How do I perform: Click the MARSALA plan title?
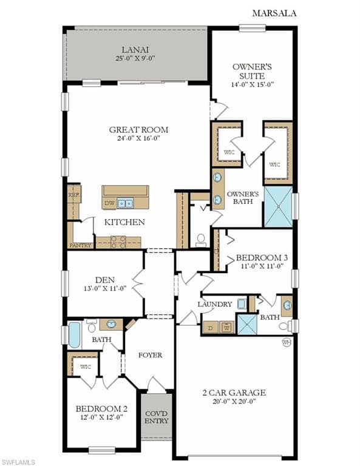274,13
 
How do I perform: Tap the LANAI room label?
135,50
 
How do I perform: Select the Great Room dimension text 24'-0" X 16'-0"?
138,138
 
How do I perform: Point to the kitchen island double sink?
125,203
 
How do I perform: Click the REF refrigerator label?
73,195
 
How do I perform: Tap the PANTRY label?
80,246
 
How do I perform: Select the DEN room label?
105,280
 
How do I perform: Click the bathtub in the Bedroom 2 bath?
74,335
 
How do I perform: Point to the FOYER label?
151,355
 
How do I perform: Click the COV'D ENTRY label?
157,417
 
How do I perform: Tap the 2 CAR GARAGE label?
234,393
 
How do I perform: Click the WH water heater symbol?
287,342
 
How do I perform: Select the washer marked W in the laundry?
227,328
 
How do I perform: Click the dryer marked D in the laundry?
211,328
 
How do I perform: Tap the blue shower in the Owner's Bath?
278,206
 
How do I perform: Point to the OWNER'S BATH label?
243,198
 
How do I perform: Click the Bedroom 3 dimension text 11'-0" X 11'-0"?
262,266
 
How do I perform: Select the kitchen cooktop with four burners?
118,242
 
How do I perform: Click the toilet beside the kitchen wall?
202,241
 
